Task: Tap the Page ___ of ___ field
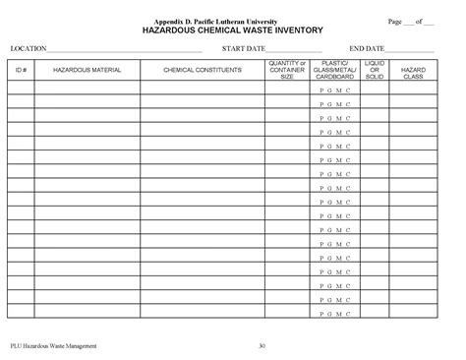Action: [412, 22]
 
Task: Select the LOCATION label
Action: [29, 48]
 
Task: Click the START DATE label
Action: [243, 48]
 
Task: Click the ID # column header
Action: [21, 71]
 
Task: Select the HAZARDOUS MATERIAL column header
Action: [87, 71]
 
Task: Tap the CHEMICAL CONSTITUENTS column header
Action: [202, 71]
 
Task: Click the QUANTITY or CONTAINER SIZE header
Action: [287, 71]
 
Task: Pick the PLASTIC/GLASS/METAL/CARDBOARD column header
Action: [335, 71]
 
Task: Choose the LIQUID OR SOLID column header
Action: [375, 71]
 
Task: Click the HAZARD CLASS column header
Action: [413, 71]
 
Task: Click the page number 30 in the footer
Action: [262, 346]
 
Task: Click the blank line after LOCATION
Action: [125, 50]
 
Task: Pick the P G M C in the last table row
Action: [335, 303]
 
